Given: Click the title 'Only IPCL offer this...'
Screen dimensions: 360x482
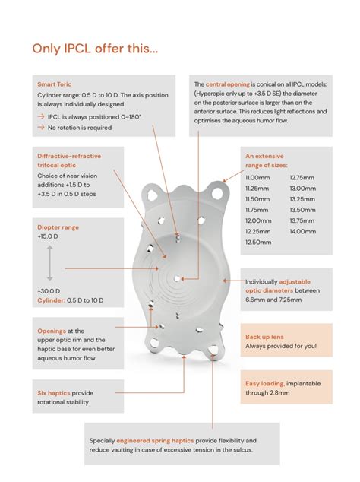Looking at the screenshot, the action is pos(95,49).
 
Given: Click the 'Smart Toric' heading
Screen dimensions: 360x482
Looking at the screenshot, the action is pos(55,84).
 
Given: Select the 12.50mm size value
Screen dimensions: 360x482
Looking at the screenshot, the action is pos(258,243).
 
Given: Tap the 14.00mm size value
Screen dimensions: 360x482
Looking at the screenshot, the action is pos(303,231).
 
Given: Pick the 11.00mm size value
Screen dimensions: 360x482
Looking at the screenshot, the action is pos(257,178).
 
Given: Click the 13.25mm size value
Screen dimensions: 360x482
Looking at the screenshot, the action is pos(302,199).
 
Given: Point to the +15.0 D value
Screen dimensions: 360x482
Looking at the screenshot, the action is pos(48,236).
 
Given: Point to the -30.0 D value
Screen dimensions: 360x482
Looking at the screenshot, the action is pos(49,291).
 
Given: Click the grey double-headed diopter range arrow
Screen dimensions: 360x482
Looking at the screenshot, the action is pos(50,263).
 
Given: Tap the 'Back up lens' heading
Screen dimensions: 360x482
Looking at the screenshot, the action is pos(264,337).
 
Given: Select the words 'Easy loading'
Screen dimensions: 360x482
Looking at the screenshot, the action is pos(265,384).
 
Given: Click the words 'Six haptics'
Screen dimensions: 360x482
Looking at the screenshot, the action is pos(54,393).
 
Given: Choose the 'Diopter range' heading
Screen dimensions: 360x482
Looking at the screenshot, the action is pos(58,227).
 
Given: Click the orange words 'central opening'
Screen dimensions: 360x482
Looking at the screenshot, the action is pos(228,84).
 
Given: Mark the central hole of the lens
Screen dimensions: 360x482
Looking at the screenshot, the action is pos(177,278).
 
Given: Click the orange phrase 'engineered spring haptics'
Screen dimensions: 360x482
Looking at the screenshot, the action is pos(155,440).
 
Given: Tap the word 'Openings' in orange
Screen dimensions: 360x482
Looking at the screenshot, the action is pos(52,331).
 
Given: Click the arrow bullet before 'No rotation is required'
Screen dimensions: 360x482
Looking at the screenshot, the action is pos(41,127).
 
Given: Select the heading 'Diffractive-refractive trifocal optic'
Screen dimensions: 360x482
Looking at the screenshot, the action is pos(69,160).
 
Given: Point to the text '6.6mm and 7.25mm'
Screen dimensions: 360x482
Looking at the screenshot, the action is pos(273,300).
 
